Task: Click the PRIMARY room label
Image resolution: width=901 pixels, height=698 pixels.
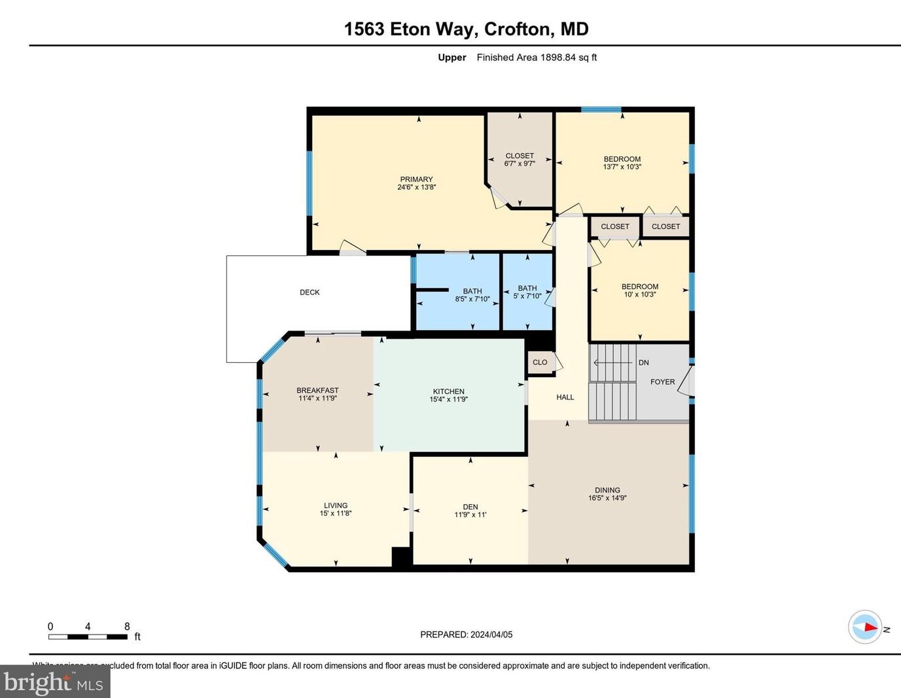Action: [416, 179]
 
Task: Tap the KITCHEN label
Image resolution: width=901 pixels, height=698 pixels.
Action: [448, 392]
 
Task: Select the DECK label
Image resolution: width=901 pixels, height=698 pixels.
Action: [309, 292]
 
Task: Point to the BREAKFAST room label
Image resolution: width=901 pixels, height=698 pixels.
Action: [317, 390]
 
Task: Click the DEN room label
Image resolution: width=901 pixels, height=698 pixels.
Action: [470, 507]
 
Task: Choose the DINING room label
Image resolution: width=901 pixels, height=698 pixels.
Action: [607, 490]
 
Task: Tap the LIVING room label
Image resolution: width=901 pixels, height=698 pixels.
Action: [336, 505]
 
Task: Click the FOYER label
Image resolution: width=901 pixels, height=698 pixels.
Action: [662, 382]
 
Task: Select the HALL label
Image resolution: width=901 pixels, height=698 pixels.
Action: [565, 397]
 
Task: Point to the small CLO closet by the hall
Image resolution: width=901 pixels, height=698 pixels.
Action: [540, 362]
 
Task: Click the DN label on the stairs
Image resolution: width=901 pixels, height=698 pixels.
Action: [643, 362]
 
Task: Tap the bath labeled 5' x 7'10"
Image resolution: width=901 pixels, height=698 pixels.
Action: [527, 292]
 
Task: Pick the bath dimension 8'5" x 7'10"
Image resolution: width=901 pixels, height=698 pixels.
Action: [472, 299]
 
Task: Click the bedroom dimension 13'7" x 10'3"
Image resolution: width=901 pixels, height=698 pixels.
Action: [622, 167]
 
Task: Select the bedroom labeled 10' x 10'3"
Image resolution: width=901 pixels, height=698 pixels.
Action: [639, 290]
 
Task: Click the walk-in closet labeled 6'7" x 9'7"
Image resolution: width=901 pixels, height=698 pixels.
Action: [520, 160]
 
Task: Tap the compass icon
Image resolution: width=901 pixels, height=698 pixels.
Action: [865, 627]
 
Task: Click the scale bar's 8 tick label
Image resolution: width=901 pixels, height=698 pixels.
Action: [127, 627]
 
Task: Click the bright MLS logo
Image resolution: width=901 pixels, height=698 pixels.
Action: [55, 682]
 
